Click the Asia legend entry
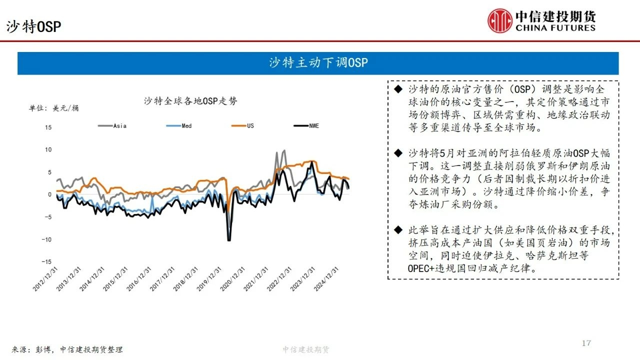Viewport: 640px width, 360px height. (x=112, y=125)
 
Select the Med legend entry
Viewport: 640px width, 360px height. (x=179, y=125)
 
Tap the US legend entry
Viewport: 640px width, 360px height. (x=242, y=125)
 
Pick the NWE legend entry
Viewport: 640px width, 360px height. (x=306, y=125)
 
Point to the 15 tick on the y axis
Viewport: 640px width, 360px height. (x=48, y=127)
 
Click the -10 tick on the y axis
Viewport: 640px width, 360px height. (x=46, y=239)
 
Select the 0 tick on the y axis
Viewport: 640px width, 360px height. (x=49, y=194)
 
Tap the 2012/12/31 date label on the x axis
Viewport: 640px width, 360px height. (x=45, y=279)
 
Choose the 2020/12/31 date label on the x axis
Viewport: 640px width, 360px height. (x=232, y=279)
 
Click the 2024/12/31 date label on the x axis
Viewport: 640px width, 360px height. (x=326, y=279)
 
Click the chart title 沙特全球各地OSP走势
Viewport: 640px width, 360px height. (x=190, y=101)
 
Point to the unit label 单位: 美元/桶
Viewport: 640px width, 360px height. (x=53, y=108)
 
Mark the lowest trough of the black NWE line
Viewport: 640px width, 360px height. (x=229, y=240)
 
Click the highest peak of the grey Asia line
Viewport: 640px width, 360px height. (x=283, y=150)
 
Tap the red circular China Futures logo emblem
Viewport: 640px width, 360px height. (x=499, y=20)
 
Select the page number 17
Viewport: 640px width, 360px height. (x=586, y=343)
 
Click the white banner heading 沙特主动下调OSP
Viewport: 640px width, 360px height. (x=318, y=62)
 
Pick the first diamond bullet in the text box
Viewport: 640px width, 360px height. (x=398, y=89)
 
